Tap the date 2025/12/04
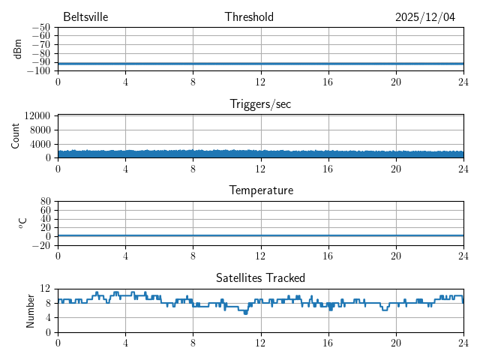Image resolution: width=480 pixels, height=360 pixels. [424, 17]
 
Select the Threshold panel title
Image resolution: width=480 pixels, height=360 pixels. [249, 17]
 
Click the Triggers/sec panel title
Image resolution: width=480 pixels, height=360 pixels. [260, 104]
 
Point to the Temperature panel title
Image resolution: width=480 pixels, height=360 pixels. [260, 190]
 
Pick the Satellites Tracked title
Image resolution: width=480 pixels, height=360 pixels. [260, 278]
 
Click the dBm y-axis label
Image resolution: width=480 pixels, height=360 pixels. [17, 49]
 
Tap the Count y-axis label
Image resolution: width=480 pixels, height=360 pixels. [16, 136]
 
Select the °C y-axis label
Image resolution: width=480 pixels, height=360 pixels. [22, 223]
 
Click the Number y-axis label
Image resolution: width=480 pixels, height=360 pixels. [31, 310]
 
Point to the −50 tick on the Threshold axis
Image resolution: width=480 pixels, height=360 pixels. [40, 28]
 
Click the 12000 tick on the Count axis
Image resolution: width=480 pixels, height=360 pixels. [37, 115]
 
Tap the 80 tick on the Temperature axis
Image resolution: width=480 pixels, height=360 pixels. [45, 202]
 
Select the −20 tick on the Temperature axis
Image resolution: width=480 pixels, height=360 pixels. [40, 245]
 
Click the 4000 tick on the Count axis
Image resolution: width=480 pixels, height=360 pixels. [39, 144]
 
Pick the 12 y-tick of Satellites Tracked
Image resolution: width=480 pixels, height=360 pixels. [45, 289]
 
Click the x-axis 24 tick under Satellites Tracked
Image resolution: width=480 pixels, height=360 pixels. [463, 343]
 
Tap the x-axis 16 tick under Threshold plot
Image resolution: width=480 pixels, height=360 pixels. [328, 81]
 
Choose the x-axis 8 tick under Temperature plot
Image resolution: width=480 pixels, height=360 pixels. [193, 256]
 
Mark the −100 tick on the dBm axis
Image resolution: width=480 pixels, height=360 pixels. [37, 71]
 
